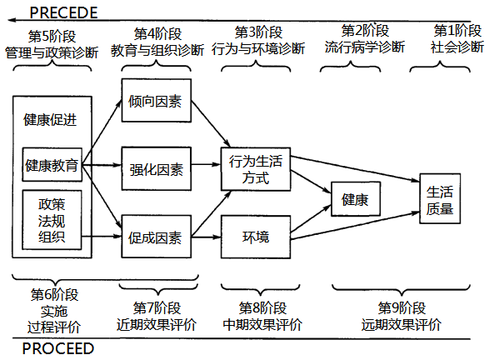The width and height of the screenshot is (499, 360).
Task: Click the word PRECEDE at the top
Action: pyautogui.click(x=63, y=12)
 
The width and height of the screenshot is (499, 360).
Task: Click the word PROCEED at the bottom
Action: pyautogui.click(x=58, y=348)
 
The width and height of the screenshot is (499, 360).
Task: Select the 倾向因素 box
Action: pyautogui.click(x=157, y=100)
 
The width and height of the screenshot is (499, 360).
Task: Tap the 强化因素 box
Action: pyautogui.click(x=157, y=168)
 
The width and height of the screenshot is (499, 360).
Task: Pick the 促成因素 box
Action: pyautogui.click(x=157, y=237)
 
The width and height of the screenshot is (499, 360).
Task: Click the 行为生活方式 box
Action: pyautogui.click(x=256, y=169)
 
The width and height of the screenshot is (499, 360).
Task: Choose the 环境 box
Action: pyautogui.click(x=256, y=237)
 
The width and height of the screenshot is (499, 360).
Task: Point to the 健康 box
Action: pyautogui.click(x=356, y=199)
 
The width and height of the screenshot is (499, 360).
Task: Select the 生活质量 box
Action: pyautogui.click(x=440, y=198)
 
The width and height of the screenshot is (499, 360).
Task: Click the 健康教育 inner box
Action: pyautogui.click(x=52, y=165)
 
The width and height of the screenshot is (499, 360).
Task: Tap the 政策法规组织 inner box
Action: pyautogui.click(x=52, y=220)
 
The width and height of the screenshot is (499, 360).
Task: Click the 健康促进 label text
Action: pyautogui.click(x=50, y=120)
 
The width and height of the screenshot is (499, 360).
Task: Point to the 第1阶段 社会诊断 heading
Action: pyautogui.click(x=457, y=39)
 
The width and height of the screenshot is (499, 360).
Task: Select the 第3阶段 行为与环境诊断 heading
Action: pyautogui.click(x=258, y=41)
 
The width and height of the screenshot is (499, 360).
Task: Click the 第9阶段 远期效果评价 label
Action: pyautogui.click(x=402, y=317)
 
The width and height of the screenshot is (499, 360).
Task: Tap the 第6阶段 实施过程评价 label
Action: pyautogui.click(x=54, y=311)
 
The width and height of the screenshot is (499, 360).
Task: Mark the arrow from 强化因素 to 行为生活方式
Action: pyautogui.click(x=207, y=164)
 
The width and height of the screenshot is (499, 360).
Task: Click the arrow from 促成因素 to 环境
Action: pyautogui.click(x=207, y=237)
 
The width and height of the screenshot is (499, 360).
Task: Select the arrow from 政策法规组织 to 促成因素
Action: pyautogui.click(x=102, y=236)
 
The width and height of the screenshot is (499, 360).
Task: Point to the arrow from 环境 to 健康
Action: pyautogui.click(x=311, y=218)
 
